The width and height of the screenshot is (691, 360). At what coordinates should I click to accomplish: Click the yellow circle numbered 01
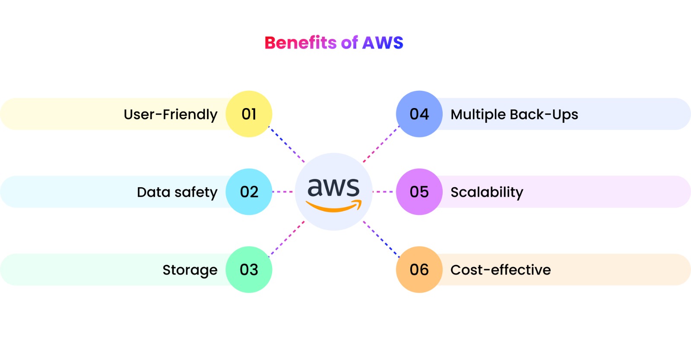coord(249,114)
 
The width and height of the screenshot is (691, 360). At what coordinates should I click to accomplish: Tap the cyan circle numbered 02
coord(249,192)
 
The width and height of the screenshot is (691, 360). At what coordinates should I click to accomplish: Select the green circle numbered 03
coord(249,270)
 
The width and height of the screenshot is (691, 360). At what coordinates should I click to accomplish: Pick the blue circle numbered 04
coord(419,114)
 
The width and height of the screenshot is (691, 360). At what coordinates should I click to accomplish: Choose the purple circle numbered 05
coord(419,192)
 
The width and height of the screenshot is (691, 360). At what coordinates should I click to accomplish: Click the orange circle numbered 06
coord(419,270)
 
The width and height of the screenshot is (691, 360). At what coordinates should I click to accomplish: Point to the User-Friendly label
coord(171,115)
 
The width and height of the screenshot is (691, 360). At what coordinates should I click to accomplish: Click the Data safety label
coord(177,192)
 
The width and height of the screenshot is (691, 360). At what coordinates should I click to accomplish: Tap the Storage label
coord(190,270)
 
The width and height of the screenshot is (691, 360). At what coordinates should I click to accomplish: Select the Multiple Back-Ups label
coord(514,115)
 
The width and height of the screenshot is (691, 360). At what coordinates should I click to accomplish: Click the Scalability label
coord(487,192)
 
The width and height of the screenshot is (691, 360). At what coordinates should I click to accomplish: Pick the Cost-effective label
coord(501,270)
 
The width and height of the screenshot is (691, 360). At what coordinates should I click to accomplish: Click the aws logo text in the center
coord(333,188)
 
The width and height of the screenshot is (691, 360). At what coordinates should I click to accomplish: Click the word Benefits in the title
coord(301,43)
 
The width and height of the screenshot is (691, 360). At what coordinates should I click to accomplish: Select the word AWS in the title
coord(383,43)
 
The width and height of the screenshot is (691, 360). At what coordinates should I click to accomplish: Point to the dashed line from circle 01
coord(287,144)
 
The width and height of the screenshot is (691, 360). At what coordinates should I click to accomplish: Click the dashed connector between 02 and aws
coord(283,191)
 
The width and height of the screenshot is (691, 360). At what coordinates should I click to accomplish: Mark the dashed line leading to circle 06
coord(381,239)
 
